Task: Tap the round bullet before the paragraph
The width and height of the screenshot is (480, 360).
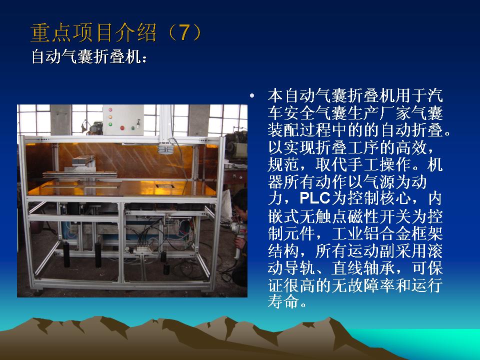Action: point(252,96)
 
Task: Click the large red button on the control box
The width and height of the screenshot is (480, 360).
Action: point(122,128)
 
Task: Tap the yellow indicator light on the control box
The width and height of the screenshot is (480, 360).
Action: point(110,116)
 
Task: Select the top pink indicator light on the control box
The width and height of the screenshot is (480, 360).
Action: point(110,109)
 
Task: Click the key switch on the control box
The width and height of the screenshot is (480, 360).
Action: point(138,123)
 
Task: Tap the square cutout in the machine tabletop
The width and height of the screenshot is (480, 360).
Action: point(165,185)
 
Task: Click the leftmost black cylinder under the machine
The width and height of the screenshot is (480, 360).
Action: point(66,254)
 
